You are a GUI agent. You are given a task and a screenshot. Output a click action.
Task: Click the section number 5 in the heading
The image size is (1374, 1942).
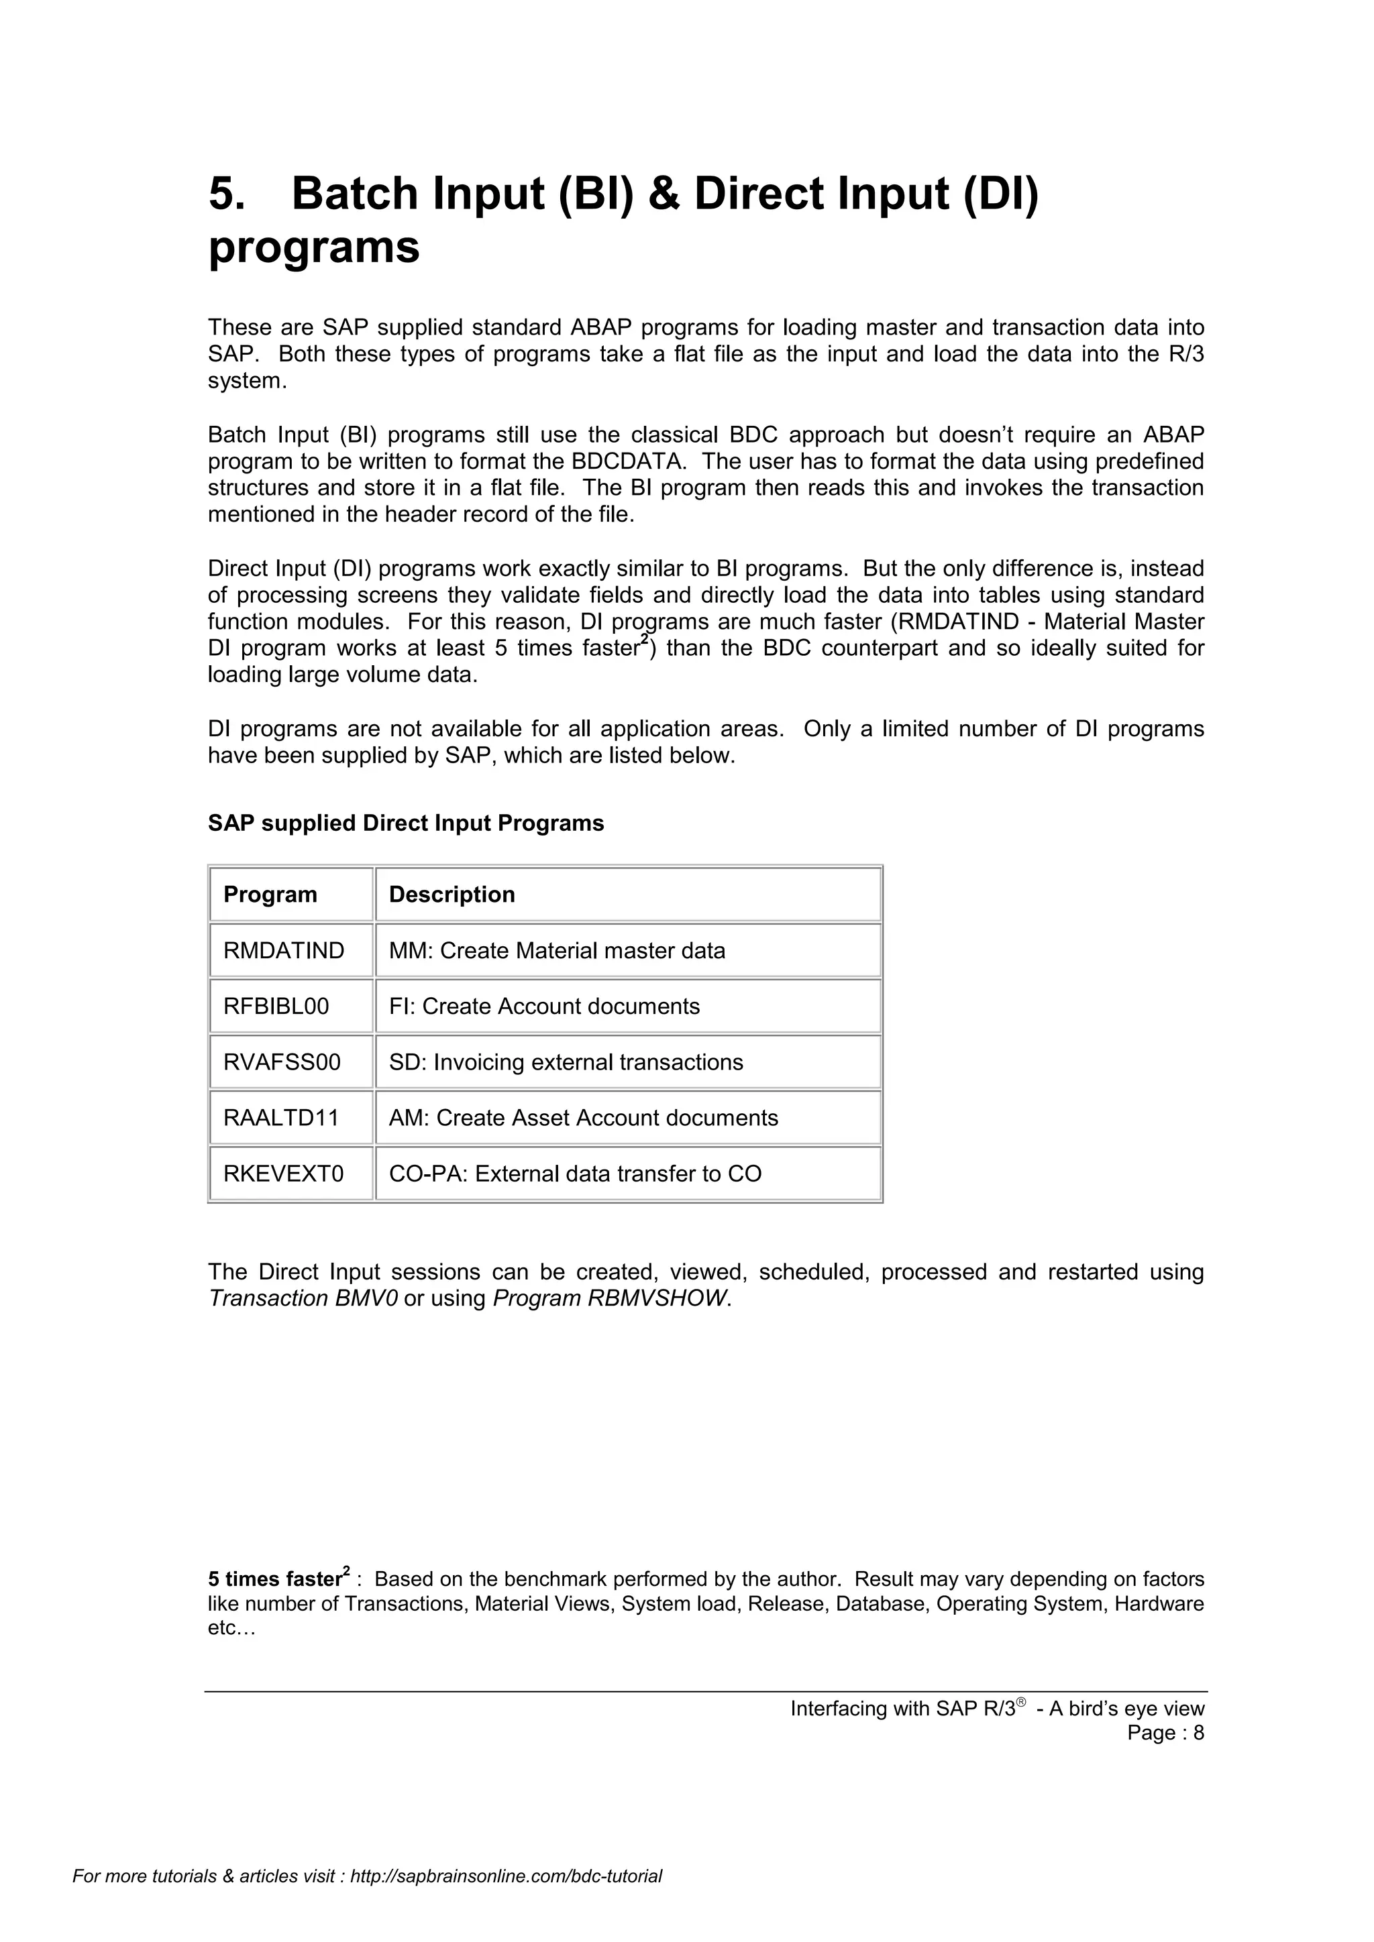pos(226,194)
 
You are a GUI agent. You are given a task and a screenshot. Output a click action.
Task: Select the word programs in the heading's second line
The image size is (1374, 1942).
pos(314,248)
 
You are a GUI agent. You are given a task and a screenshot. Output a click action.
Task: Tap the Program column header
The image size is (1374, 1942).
pos(270,894)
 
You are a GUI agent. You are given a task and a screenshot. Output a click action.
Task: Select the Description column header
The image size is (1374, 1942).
pos(452,894)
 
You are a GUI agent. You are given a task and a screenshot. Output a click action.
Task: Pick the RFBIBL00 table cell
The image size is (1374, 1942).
pos(276,1007)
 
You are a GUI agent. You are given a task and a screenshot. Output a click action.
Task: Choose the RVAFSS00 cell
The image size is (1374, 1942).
pos(282,1062)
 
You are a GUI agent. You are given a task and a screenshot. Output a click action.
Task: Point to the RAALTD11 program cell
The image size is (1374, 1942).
pos(281,1118)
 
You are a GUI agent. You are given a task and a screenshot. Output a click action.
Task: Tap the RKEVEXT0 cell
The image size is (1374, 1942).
pos(283,1174)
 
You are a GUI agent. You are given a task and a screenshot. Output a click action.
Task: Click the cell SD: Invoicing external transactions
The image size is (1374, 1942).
pos(566,1062)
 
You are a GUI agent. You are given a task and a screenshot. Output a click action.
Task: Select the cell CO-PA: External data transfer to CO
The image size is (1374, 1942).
pos(576,1174)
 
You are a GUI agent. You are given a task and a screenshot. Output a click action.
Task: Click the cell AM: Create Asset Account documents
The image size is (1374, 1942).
pos(583,1118)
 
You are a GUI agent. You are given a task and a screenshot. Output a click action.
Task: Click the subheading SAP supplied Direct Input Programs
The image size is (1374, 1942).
pos(406,823)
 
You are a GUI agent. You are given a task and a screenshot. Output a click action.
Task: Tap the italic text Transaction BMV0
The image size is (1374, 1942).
pos(303,1298)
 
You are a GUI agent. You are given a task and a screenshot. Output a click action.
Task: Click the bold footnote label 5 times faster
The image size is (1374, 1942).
pos(275,1580)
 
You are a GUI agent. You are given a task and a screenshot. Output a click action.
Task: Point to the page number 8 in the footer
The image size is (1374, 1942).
pos(1198,1733)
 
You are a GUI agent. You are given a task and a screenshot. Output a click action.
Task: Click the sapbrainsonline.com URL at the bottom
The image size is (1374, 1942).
pos(505,1900)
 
